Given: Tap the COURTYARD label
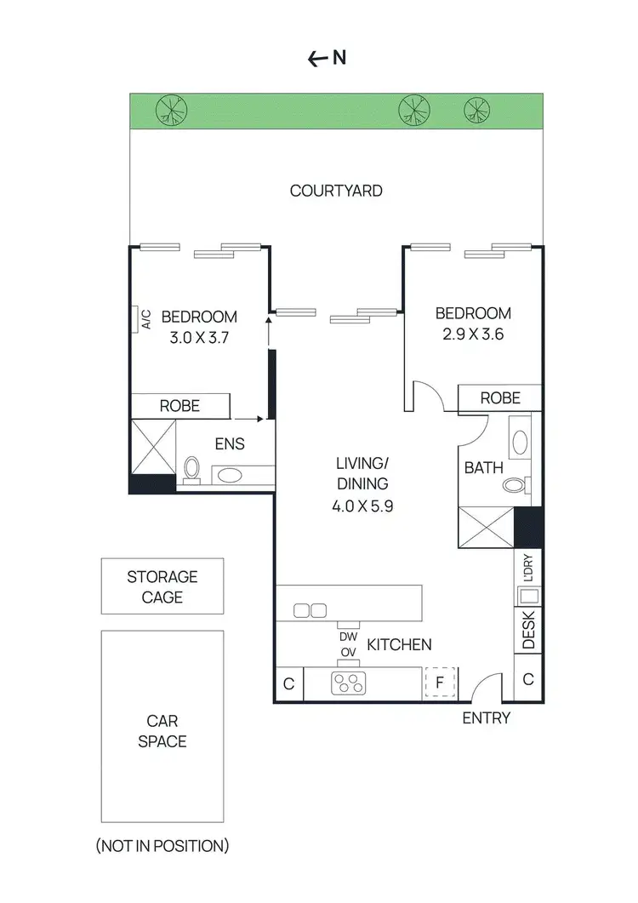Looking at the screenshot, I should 336,191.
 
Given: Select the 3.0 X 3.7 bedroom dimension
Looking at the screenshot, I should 199,336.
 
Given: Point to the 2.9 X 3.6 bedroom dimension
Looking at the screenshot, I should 473,334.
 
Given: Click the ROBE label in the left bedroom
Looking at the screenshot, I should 179,406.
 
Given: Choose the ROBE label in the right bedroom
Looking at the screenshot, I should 500,397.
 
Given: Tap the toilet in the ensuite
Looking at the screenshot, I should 192,469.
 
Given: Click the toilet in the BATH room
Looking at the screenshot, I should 514,486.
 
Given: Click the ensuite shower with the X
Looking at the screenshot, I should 153,446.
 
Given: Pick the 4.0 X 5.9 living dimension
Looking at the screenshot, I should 362,505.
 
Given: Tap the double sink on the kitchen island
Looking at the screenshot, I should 310,610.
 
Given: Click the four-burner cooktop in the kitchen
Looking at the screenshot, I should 347,682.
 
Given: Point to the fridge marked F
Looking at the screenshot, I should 440,682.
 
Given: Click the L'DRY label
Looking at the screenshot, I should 528,568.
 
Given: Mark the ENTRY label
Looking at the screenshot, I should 486,717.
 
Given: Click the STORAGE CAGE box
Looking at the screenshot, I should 162,586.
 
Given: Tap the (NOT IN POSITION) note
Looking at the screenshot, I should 162,845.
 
